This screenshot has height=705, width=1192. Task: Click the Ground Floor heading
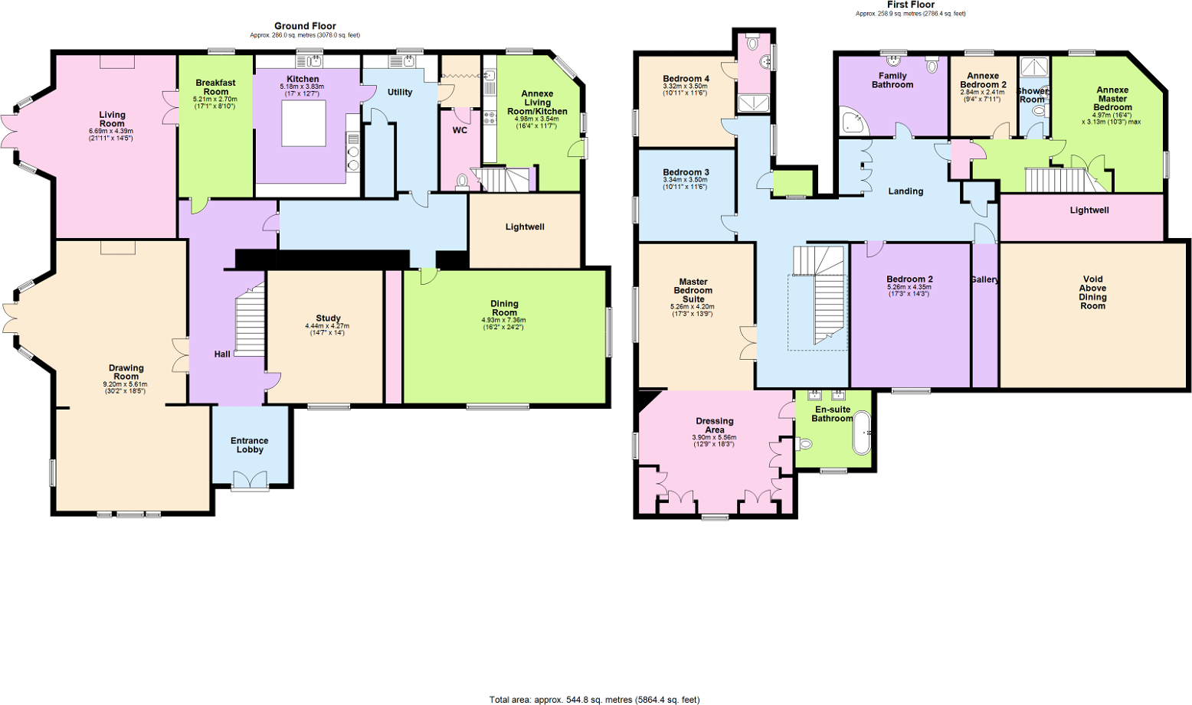[305, 26]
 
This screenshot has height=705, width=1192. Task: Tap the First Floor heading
[910, 5]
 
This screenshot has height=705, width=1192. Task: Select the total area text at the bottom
[594, 699]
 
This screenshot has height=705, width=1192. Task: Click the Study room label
[328, 318]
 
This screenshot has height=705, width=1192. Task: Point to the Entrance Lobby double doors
[250, 480]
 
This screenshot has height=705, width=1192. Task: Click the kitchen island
[303, 123]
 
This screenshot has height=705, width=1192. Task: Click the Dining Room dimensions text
[504, 323]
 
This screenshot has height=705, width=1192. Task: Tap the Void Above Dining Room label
[1092, 292]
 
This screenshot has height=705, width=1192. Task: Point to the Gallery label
[984, 279]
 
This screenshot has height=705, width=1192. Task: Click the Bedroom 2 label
[909, 279]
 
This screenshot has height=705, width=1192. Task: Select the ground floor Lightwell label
[525, 227]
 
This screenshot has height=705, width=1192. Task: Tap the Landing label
[905, 191]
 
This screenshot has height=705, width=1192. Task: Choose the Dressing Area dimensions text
[714, 440]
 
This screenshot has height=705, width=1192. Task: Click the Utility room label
[400, 93]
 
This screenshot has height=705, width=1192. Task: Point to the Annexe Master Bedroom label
[1112, 99]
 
